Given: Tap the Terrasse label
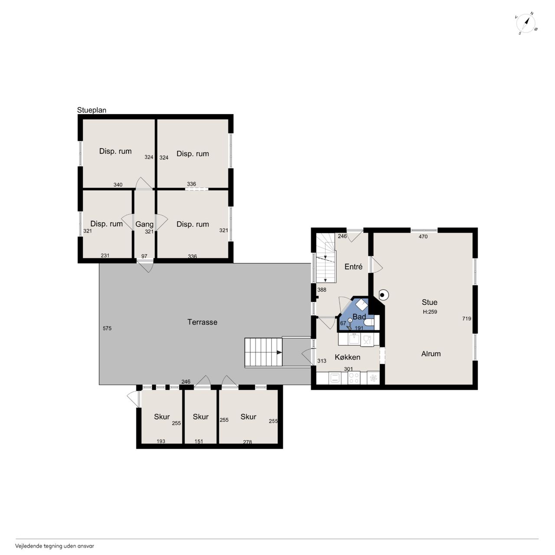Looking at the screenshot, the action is click(202, 322).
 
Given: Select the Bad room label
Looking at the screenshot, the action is click(359, 317).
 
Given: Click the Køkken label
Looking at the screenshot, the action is click(347, 357).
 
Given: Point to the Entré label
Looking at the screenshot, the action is click(353, 267).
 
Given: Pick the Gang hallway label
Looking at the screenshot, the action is click(144, 224).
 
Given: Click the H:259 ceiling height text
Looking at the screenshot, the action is click(430, 312).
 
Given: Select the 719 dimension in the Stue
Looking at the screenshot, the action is click(467, 319).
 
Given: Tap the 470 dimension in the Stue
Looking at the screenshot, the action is click(423, 237).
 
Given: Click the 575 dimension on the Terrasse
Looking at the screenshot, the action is click(107, 328).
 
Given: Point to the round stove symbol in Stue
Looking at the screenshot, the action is click(382, 295).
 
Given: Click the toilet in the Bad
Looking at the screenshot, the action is click(369, 322).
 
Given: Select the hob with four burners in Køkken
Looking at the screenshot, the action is click(354, 378).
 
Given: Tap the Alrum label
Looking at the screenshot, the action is click(431, 354).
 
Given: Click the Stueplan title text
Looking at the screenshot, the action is click(91, 110).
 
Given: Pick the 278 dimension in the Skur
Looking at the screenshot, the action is click(248, 442).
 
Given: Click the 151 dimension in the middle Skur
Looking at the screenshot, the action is click(199, 441).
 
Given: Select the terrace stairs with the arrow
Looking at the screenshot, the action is click(263, 352).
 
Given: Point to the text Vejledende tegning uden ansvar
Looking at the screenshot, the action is click(55, 546).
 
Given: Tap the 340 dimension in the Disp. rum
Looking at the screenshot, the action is click(118, 185).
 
